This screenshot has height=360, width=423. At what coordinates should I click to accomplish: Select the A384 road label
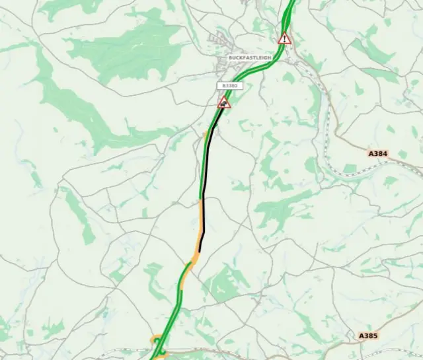pyautogui.click(x=377, y=153)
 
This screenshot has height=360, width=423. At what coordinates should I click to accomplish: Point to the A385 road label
pyautogui.click(x=368, y=336)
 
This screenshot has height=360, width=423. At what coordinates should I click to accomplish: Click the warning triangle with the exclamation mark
pyautogui.click(x=285, y=38)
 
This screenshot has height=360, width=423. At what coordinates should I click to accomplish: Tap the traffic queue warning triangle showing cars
pyautogui.click(x=225, y=102)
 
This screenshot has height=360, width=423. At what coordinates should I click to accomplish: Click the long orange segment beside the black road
pyautogui.click(x=200, y=228)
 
